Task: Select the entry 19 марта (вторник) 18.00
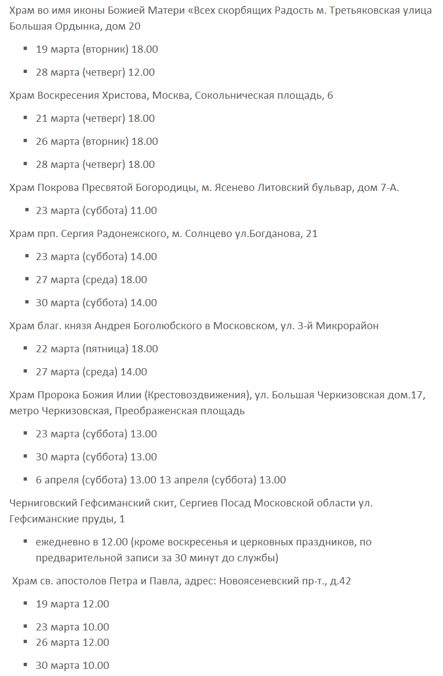click(x=97, y=49)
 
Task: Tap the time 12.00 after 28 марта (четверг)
click(x=142, y=72)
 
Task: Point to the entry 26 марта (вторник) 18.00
click(x=97, y=142)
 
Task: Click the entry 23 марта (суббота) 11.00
click(x=96, y=211)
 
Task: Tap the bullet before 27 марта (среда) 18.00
click(x=26, y=279)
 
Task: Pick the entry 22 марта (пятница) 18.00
click(x=97, y=349)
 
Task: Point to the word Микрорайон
click(x=347, y=326)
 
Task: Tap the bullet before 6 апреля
click(x=26, y=480)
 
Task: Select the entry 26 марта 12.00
click(x=72, y=643)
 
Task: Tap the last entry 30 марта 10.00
click(x=72, y=666)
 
